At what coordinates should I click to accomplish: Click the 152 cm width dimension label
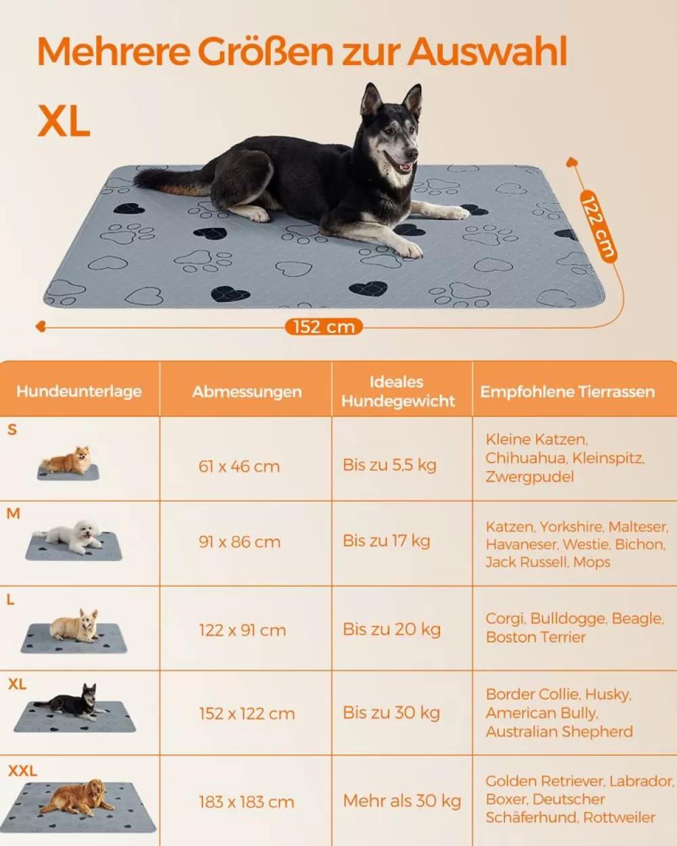(x=324, y=327)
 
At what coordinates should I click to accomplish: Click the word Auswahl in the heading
(x=487, y=52)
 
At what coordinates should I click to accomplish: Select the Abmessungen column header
(x=247, y=392)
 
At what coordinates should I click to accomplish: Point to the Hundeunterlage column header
(x=79, y=391)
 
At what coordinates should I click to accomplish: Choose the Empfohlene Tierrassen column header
(x=567, y=392)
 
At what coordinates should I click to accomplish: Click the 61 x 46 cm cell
(x=239, y=466)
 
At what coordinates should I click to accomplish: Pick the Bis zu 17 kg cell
(x=387, y=541)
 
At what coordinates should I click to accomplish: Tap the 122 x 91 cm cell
(x=242, y=630)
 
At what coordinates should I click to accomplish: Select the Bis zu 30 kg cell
(x=391, y=713)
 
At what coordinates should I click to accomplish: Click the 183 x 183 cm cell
(x=246, y=802)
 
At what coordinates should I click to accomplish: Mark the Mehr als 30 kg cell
(x=402, y=801)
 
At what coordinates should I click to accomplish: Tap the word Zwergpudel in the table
(x=529, y=476)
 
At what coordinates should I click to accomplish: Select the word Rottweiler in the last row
(x=619, y=818)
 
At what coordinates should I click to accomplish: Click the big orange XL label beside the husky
(x=64, y=121)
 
